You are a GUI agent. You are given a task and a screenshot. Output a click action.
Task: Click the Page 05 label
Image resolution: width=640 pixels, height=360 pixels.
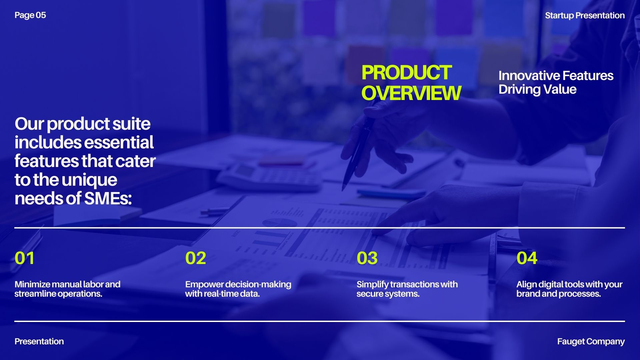[x=30, y=15]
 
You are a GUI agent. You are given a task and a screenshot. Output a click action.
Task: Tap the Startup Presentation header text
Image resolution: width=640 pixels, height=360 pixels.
[x=585, y=16]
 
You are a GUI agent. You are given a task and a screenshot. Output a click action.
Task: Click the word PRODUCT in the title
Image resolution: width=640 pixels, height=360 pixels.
[x=406, y=73]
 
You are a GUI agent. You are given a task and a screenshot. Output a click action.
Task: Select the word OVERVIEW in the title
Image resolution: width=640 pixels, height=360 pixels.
[x=411, y=93]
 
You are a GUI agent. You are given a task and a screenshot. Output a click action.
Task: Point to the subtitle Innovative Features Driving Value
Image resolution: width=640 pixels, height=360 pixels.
[x=556, y=82]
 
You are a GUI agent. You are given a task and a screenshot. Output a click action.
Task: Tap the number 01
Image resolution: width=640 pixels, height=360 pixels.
[x=24, y=258]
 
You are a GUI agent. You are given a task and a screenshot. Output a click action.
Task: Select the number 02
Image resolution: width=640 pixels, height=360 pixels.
[x=196, y=258]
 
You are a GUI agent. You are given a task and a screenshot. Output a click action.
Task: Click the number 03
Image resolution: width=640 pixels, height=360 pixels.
[x=367, y=258]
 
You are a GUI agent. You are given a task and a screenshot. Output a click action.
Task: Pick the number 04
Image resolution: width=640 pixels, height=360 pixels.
[x=527, y=258]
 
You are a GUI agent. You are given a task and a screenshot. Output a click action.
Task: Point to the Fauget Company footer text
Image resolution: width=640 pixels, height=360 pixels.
[x=591, y=342]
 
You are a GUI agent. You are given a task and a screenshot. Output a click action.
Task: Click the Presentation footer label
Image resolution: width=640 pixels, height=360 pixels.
[x=39, y=341]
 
